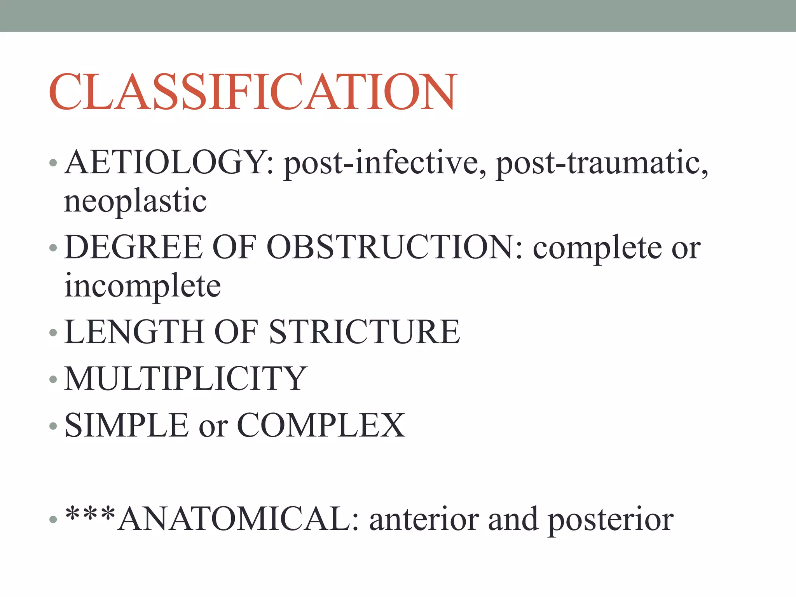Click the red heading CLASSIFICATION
click(253, 92)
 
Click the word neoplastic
click(135, 201)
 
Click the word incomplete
click(143, 286)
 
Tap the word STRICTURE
click(364, 332)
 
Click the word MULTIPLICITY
click(186, 379)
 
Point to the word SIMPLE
click(127, 425)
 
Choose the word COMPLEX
click(321, 425)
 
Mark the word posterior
click(611, 520)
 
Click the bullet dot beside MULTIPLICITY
click(53, 379)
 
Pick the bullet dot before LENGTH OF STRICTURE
click(53, 333)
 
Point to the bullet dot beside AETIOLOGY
click(53, 163)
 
